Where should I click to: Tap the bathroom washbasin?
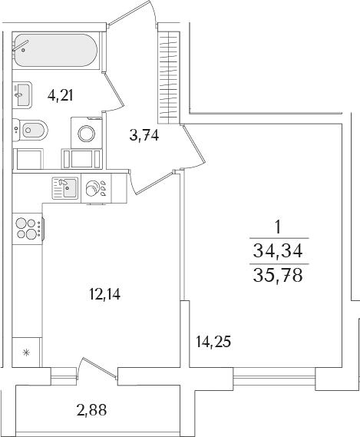pos(21,95)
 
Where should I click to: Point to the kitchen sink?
pos(64,188)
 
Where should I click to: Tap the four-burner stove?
pos(27,227)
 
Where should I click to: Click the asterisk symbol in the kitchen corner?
pos(26,353)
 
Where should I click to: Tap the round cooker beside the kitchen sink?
pos(97,188)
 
